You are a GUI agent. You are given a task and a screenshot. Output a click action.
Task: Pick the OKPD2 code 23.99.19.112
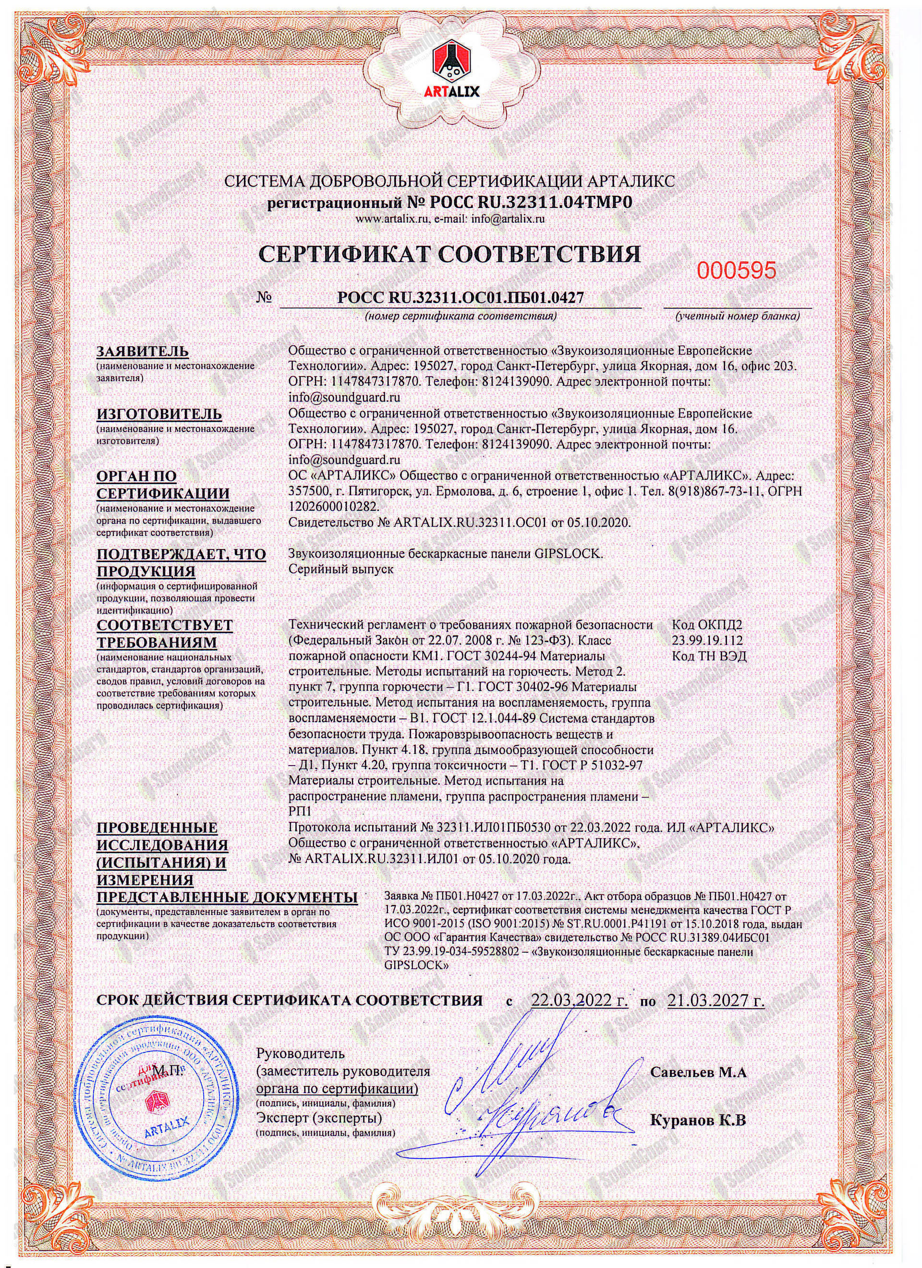click(709, 640)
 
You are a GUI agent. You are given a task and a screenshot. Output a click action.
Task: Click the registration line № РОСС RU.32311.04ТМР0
click(450, 202)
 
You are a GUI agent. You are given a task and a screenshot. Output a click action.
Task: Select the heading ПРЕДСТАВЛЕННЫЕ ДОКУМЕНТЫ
click(228, 898)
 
